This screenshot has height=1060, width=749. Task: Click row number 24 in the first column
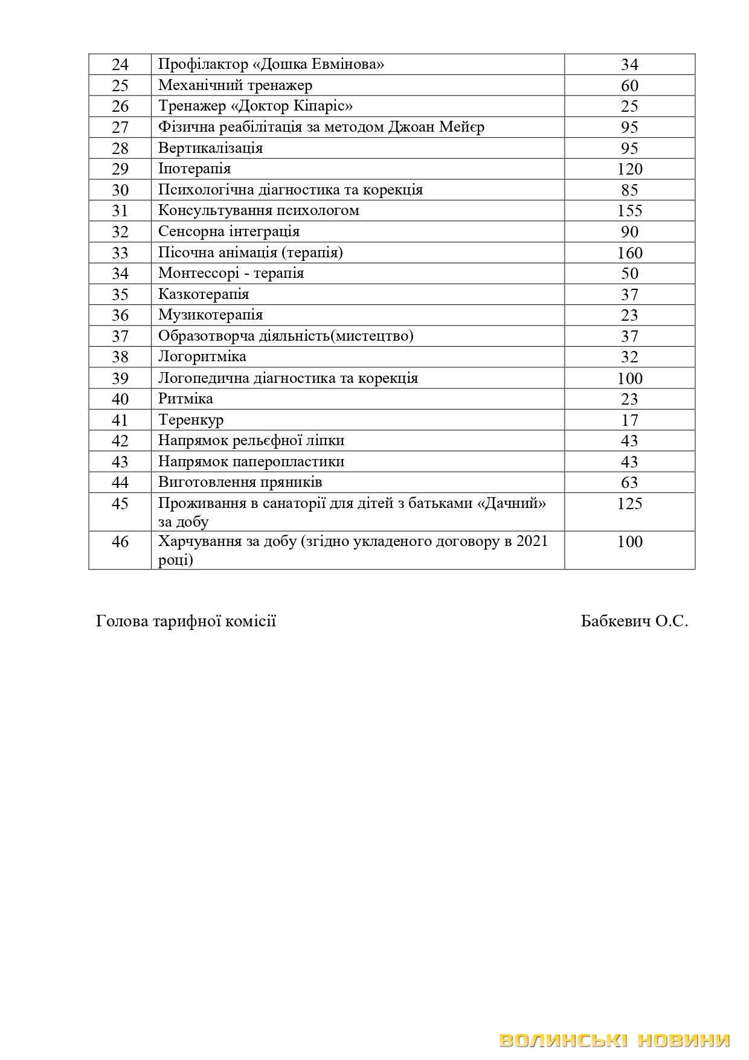(x=120, y=65)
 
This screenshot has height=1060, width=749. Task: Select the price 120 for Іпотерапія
(x=629, y=169)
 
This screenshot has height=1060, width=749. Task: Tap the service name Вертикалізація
(x=210, y=148)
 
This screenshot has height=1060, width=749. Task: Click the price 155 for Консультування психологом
(x=629, y=211)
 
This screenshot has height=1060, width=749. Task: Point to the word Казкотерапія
(x=204, y=294)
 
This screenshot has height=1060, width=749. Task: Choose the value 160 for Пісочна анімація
(x=629, y=252)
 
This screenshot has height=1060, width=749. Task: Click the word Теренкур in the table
(x=191, y=420)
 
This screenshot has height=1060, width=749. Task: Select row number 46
(x=120, y=542)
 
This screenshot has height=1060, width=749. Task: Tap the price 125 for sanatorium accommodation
(x=629, y=504)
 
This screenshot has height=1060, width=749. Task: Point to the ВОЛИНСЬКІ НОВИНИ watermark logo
(x=615, y=1040)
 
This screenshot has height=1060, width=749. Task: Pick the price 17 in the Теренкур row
(x=629, y=420)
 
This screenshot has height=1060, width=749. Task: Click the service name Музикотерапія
(x=210, y=315)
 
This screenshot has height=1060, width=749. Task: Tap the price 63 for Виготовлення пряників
(x=629, y=483)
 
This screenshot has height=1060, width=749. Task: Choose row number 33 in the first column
(x=120, y=252)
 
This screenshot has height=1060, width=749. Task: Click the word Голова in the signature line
(x=121, y=621)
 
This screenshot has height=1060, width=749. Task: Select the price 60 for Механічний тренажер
(x=629, y=86)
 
